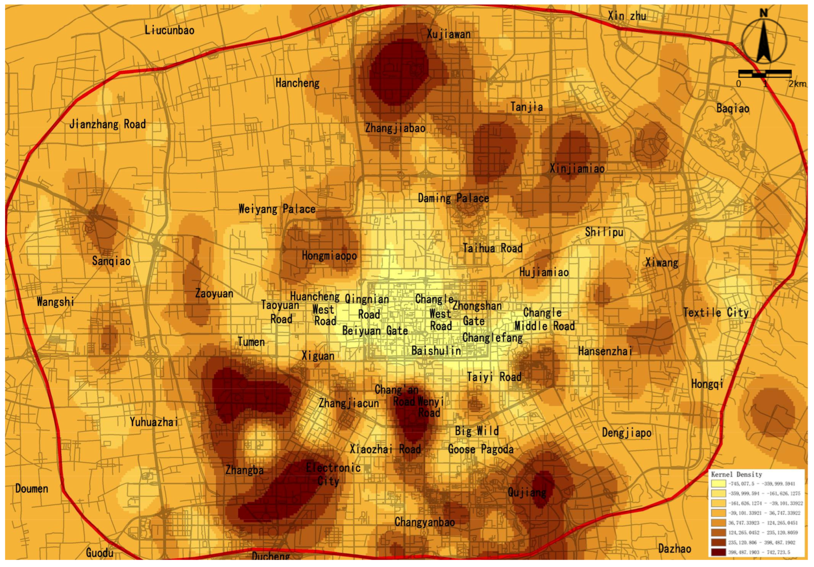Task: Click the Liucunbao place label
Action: coord(169,30)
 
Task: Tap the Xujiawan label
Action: coord(449,34)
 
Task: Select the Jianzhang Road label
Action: coord(107,124)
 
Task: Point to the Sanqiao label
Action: coord(111,261)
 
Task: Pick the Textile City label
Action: coord(716,313)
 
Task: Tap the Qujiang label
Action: coord(527,492)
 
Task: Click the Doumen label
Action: coord(32,488)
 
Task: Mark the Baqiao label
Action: coord(733,108)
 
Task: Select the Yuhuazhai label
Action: coord(154,422)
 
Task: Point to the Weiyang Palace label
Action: coord(277,209)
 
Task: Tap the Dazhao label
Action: coord(674,549)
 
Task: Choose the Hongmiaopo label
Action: coord(329,255)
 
